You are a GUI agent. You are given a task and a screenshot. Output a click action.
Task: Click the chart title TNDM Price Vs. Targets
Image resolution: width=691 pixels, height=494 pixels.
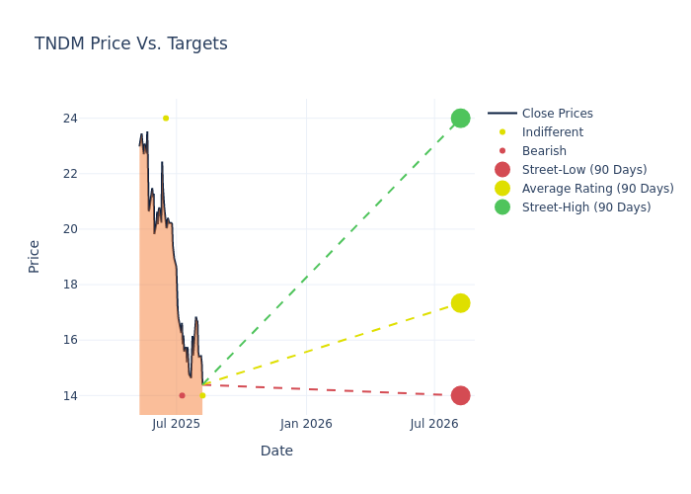pyautogui.click(x=131, y=43)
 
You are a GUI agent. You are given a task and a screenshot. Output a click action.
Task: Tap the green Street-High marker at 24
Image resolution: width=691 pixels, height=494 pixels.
pyautogui.click(x=460, y=119)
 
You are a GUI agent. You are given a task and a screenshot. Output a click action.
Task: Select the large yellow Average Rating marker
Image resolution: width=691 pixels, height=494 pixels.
pyautogui.click(x=460, y=302)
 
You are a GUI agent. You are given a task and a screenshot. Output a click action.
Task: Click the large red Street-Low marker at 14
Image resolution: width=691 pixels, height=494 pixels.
pyautogui.click(x=460, y=395)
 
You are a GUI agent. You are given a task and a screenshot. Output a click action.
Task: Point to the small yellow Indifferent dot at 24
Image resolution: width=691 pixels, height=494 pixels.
pyautogui.click(x=166, y=119)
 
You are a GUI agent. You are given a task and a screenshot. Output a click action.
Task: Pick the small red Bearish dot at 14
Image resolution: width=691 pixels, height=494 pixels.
pyautogui.click(x=182, y=395)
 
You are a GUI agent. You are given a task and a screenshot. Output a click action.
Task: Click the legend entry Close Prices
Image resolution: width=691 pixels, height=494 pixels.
pyautogui.click(x=557, y=114)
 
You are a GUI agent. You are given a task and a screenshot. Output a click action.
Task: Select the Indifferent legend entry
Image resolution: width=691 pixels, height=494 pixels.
pyautogui.click(x=552, y=132)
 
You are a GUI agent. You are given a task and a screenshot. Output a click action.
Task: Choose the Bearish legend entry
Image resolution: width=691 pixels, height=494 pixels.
pyautogui.click(x=544, y=151)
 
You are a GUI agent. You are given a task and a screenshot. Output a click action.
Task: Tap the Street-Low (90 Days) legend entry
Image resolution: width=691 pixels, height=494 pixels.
pyautogui.click(x=583, y=170)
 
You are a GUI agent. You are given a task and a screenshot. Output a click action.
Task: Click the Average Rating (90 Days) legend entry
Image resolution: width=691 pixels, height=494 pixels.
pyautogui.click(x=597, y=189)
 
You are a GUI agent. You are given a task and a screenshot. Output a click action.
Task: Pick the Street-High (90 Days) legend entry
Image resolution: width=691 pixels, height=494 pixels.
pyautogui.click(x=585, y=207)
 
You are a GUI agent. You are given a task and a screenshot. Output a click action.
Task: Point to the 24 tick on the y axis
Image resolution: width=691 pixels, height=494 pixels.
pyautogui.click(x=98, y=119)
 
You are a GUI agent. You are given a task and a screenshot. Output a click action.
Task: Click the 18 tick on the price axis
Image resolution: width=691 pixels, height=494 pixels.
pyautogui.click(x=98, y=285)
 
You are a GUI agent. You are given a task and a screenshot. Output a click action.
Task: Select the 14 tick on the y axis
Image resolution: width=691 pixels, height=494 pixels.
pyautogui.click(x=98, y=395)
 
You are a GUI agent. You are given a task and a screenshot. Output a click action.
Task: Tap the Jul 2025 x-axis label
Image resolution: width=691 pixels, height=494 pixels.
pyautogui.click(x=177, y=424)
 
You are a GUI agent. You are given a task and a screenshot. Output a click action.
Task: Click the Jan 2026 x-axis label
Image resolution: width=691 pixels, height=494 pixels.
pyautogui.click(x=306, y=424)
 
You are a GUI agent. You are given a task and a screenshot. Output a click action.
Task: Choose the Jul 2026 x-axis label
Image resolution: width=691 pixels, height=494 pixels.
pyautogui.click(x=434, y=424)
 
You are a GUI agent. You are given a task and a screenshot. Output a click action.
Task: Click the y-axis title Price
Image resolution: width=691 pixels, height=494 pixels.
pyautogui.click(x=35, y=256)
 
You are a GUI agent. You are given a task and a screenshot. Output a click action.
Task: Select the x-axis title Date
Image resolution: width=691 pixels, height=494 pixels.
pyautogui.click(x=276, y=451)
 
